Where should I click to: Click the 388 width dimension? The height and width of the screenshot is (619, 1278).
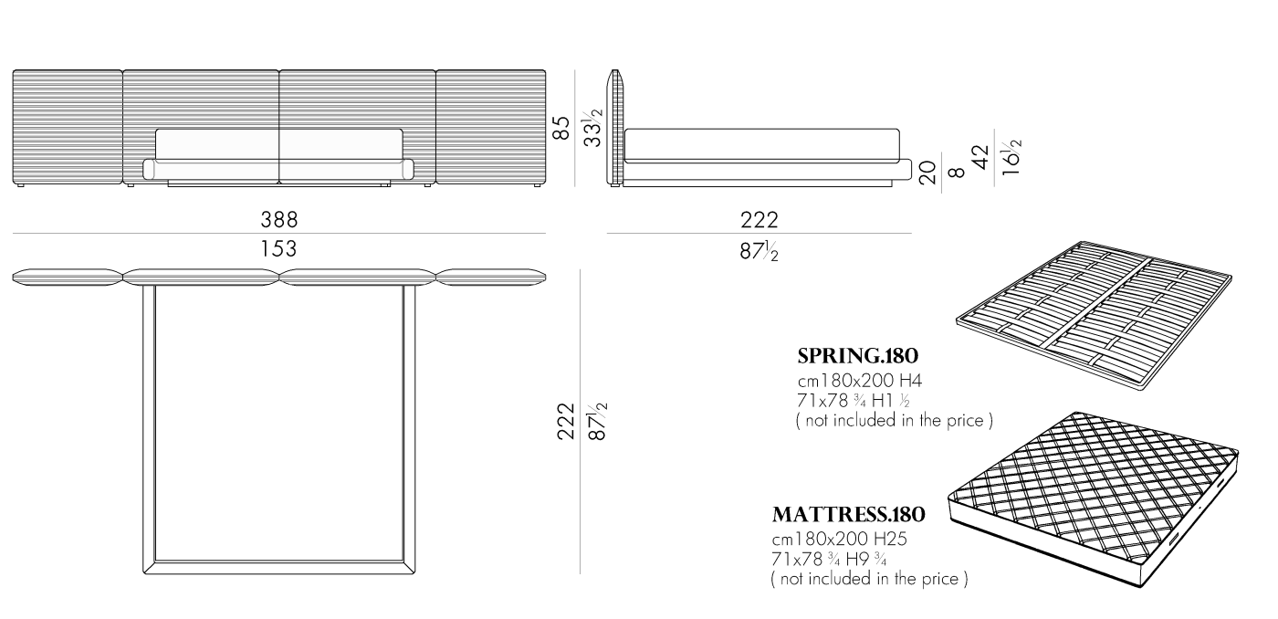click(x=279, y=220)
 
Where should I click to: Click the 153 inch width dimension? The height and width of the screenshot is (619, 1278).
click(x=279, y=248)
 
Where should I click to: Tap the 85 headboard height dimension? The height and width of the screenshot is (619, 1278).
click(x=562, y=128)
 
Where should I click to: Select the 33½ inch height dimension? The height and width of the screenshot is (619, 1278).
click(x=592, y=127)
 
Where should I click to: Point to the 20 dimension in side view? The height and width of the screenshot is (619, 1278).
click(x=928, y=173)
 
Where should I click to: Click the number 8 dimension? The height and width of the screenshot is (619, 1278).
click(x=957, y=173)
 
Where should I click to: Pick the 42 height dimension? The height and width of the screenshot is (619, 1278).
click(x=981, y=157)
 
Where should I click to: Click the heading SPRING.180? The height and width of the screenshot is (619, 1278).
click(x=857, y=356)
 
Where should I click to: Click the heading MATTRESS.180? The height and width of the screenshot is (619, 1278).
click(x=848, y=515)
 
